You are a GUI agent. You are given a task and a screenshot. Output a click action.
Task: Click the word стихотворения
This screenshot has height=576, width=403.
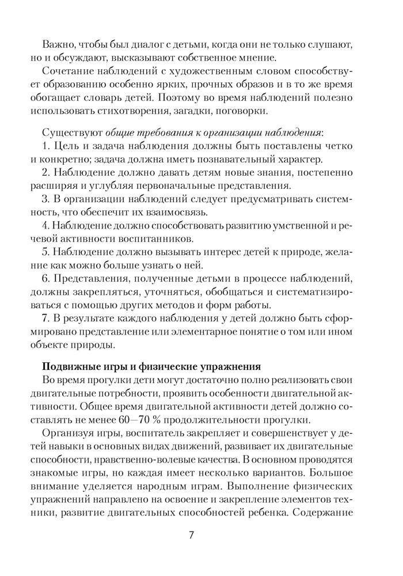[201, 109]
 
